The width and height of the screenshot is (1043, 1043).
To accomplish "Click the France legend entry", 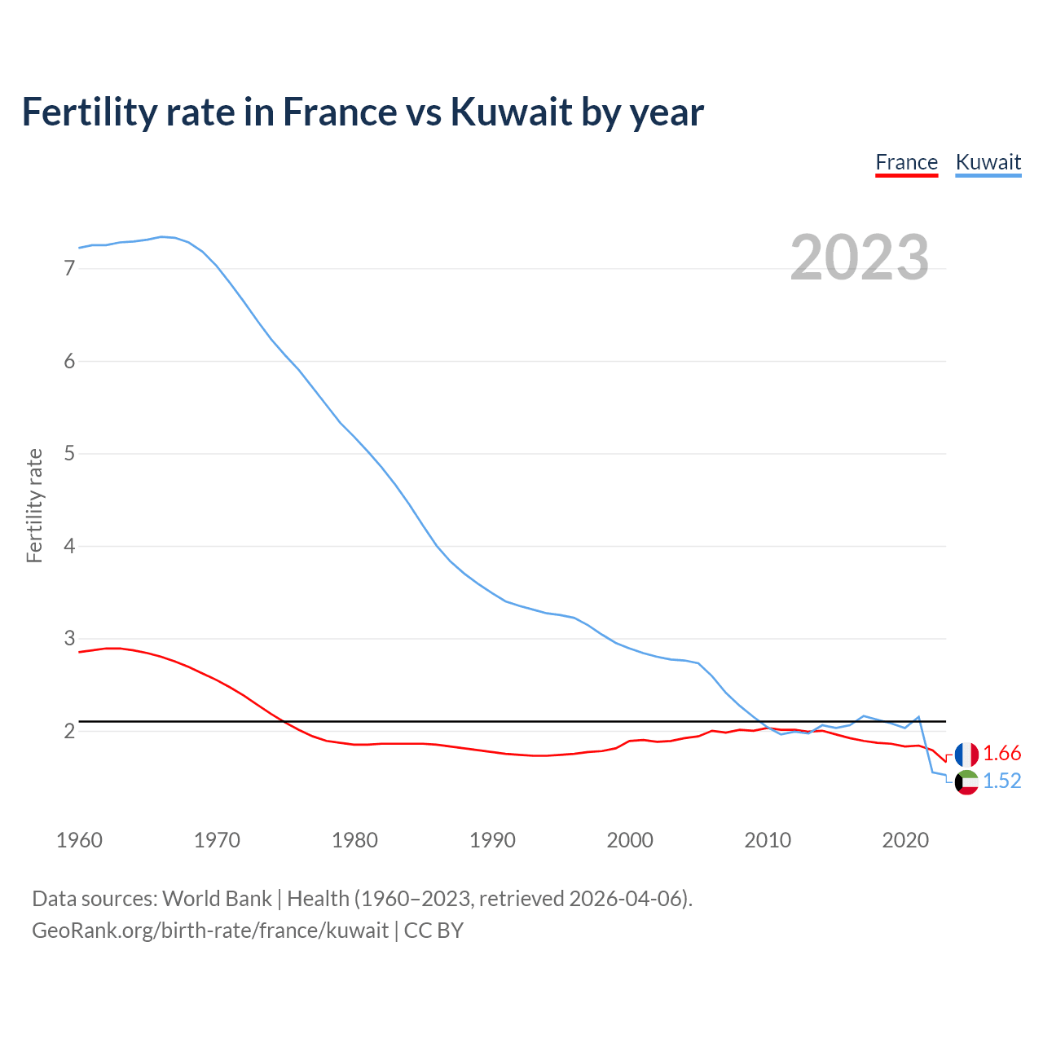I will click(906, 162).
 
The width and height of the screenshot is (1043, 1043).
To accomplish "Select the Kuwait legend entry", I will click(988, 162).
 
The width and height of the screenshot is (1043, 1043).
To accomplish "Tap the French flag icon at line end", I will click(966, 754).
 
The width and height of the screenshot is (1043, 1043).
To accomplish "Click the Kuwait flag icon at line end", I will click(966, 782).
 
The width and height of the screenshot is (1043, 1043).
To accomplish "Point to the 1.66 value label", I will click(1001, 754).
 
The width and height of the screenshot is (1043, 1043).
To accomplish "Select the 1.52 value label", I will click(1001, 781).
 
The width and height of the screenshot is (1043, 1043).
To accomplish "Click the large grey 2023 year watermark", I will click(860, 257).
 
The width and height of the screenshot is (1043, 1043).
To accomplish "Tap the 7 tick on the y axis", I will click(69, 268).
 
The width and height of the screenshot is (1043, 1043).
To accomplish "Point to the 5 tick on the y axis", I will click(69, 453).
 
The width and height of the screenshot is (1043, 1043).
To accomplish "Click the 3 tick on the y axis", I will click(69, 638).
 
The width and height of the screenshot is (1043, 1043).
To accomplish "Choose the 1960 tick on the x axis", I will click(79, 840).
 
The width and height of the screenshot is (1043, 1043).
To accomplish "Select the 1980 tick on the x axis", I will click(354, 840).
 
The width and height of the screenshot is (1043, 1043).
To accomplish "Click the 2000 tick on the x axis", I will click(630, 840).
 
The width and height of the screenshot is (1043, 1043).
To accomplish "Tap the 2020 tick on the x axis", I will click(905, 840).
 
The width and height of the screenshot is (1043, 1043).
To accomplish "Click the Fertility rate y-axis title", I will click(34, 505).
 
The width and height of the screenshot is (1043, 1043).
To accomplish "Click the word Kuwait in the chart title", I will click(509, 112).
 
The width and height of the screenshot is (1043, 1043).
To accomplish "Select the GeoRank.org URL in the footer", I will click(210, 931).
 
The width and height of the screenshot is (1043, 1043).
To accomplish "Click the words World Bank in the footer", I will click(217, 899).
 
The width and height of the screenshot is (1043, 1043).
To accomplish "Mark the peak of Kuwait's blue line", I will click(161, 236).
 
